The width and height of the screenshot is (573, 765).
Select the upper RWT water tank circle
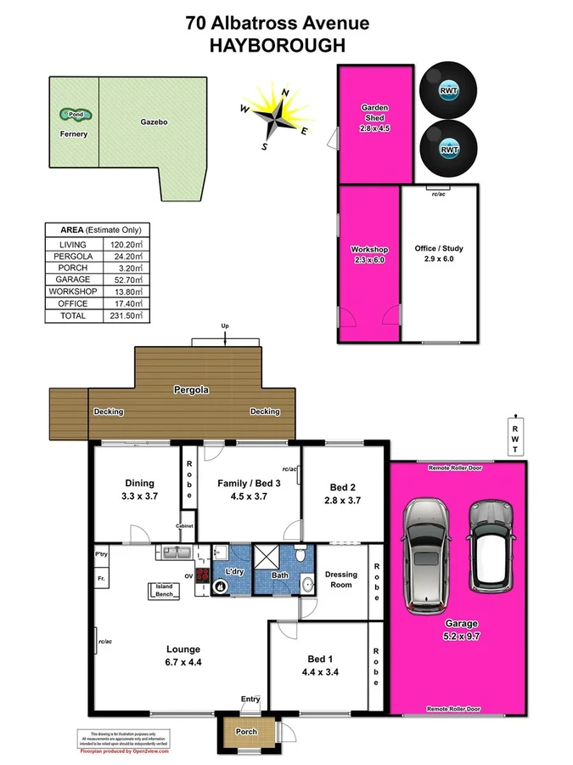tap(448, 91)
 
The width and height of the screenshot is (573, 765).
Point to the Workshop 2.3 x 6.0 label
tap(368, 254)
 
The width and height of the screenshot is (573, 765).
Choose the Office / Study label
tap(439, 253)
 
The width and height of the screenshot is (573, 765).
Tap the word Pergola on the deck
tap(192, 391)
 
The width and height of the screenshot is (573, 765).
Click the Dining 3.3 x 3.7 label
tap(138, 489)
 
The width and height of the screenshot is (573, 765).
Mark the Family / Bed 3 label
tap(249, 489)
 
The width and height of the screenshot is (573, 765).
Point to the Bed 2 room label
tap(342, 493)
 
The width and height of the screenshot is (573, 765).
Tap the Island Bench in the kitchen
tap(164, 590)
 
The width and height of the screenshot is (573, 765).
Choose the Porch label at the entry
tap(246, 731)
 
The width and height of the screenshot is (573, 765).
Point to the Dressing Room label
tap(341, 580)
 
